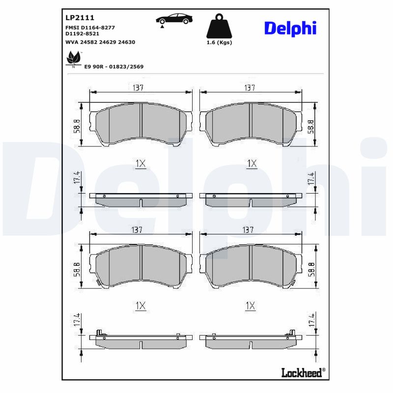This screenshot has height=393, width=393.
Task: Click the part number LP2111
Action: point(80,17)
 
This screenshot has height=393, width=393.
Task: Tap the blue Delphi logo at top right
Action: point(290,28)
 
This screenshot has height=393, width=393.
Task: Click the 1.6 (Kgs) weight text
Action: point(219,43)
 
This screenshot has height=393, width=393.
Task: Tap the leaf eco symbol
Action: point(73,60)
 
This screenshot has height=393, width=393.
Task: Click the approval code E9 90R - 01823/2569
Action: point(114,66)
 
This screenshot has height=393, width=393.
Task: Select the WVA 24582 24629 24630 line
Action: point(100,42)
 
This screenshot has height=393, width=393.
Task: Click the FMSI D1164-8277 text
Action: point(90,28)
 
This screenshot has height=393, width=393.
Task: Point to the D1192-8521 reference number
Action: point(83,34)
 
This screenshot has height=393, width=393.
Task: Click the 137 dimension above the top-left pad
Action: point(138,88)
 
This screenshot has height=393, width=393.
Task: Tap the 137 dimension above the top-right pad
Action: point(250,88)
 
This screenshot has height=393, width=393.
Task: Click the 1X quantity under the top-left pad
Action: point(140,164)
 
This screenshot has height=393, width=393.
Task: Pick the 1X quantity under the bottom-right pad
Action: point(250,306)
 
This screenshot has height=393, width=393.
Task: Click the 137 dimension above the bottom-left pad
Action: point(138,230)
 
